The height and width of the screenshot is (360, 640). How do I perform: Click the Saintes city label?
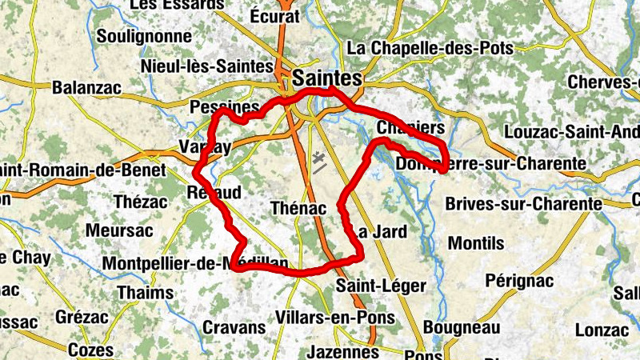(x=327, y=78)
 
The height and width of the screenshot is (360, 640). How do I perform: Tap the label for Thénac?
(x=299, y=208)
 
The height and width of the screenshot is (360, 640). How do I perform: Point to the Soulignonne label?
(x=144, y=36)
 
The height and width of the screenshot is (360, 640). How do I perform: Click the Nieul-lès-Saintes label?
(x=206, y=66)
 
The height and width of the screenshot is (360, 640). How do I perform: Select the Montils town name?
(x=476, y=242)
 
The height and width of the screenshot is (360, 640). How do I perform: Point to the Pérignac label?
(x=509, y=281)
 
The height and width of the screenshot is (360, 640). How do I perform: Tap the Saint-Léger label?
(x=370, y=285)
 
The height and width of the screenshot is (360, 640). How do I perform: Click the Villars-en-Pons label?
(x=346, y=318)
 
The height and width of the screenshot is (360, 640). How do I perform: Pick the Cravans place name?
(x=234, y=327)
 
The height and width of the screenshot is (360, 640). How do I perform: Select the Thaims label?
(x=145, y=293)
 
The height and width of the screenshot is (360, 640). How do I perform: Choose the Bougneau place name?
(x=461, y=327)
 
